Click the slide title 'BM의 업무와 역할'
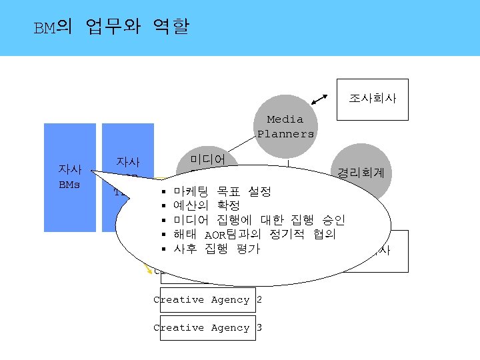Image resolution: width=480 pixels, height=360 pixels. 111,28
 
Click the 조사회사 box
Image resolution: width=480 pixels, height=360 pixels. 372,99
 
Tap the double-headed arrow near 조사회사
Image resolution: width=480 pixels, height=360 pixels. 320,100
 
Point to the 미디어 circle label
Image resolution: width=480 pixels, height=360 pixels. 208,159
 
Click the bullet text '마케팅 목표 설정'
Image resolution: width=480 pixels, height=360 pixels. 221,192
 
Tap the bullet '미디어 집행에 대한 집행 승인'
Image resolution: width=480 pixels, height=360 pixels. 258,221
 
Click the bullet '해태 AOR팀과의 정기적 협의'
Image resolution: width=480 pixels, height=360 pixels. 254,235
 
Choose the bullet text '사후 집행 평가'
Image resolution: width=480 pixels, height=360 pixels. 216,249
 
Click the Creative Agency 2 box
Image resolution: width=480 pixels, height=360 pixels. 207,300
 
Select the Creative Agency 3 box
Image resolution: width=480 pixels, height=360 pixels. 207,328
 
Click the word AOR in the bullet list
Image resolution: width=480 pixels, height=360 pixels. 216,235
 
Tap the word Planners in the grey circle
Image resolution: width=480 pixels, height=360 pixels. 286,134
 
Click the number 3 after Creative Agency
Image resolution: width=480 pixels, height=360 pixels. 259,328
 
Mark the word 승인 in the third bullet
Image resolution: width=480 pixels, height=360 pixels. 333,221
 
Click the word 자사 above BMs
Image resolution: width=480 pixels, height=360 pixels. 70,170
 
